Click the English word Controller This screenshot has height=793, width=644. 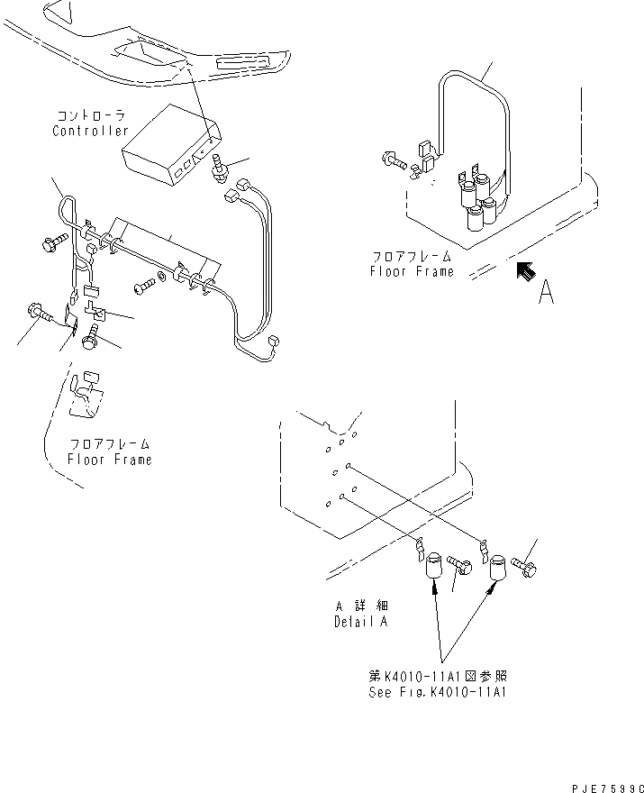click(90, 131)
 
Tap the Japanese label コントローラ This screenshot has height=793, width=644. click(91, 116)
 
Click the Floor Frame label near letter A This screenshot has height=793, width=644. click(412, 270)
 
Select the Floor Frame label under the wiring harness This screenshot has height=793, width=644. click(109, 459)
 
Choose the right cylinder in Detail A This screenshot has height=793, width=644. click(497, 569)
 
